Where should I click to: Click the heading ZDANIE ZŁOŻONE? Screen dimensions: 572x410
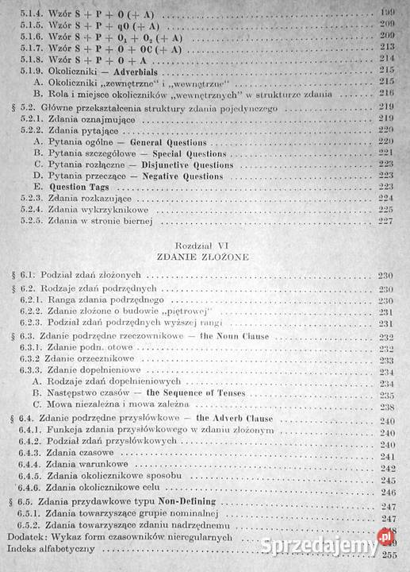tap(205, 259)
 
